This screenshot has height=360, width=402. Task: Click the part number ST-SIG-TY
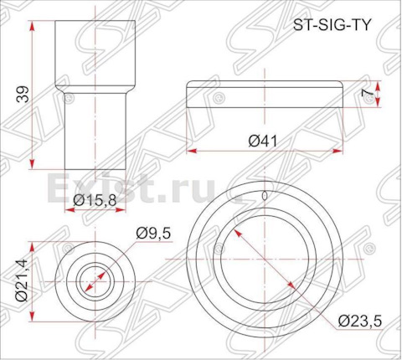pyautogui.click(x=332, y=26)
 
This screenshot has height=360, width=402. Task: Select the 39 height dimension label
pyautogui.click(x=23, y=95)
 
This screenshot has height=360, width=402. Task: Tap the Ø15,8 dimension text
pyautogui.click(x=95, y=200)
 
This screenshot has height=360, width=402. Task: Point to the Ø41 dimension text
pyautogui.click(x=263, y=141)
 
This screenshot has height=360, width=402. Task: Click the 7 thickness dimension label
pyautogui.click(x=367, y=94)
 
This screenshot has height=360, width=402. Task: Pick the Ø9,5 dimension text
pyautogui.click(x=153, y=233)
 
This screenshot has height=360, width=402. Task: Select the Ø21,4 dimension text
pyautogui.click(x=22, y=280)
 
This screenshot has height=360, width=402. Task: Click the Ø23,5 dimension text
pyautogui.click(x=359, y=321)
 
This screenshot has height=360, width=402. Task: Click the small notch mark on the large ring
pyautogui.click(x=265, y=196)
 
